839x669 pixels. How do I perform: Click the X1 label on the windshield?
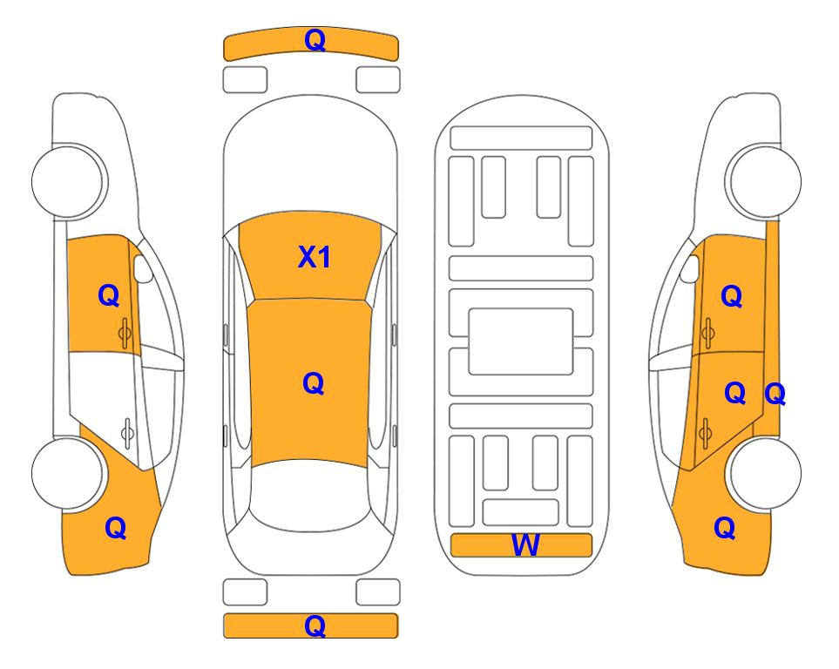tap(315, 257)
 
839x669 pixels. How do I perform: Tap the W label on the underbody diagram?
tap(525, 544)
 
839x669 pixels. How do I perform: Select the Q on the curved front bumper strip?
tap(315, 40)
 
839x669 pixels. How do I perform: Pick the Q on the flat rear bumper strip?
tap(315, 625)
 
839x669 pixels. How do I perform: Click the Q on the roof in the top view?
tap(314, 383)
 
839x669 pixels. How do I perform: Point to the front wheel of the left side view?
tap(67, 181)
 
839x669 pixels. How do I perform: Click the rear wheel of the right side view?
tap(765, 473)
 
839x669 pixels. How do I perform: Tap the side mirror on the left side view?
tap(142, 268)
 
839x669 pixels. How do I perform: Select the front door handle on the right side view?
tap(707, 333)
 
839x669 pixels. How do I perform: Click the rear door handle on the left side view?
tap(127, 432)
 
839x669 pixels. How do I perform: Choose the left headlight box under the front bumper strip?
tap(245, 80)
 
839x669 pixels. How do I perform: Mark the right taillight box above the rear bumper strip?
tap(378, 592)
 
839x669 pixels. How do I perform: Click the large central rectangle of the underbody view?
tap(521, 341)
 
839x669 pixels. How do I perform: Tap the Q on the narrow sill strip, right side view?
tap(775, 395)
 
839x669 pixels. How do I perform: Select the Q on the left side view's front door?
tap(109, 295)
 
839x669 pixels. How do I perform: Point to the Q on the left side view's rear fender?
tap(116, 528)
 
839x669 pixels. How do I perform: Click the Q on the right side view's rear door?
tap(734, 394)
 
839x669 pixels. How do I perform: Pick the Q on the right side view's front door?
tap(732, 296)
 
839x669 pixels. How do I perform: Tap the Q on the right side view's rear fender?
tap(725, 528)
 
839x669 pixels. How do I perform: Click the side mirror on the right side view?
tap(690, 268)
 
